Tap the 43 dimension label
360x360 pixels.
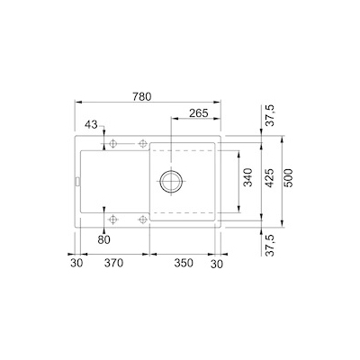[x=93, y=124]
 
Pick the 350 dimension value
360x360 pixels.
[x=184, y=265]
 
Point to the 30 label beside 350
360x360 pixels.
[x=216, y=265]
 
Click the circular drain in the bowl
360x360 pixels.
[x=171, y=179]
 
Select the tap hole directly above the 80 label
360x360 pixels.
[x=112, y=219]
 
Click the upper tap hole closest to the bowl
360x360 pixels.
[x=141, y=144]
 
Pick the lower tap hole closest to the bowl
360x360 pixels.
[x=141, y=219]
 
